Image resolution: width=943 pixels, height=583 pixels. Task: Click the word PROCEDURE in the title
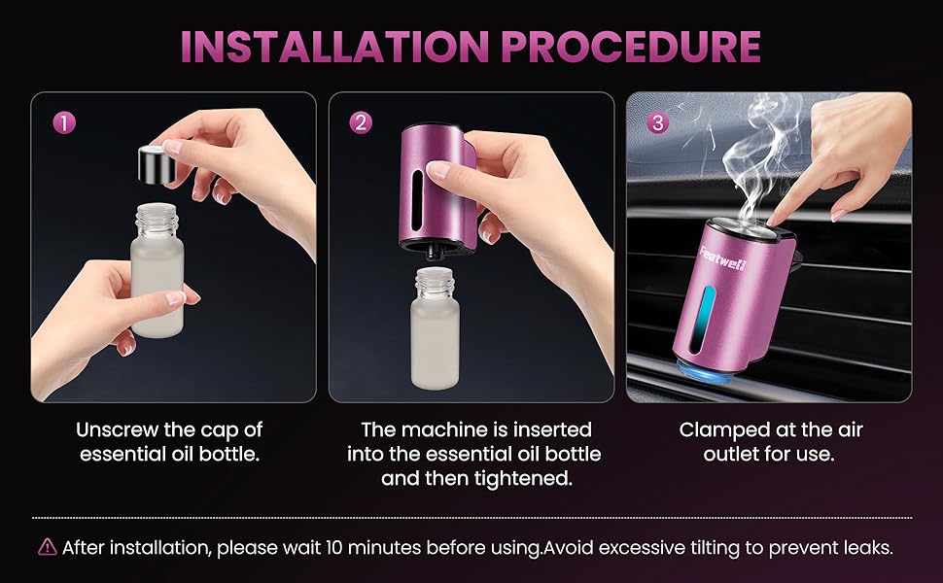pyautogui.click(x=631, y=46)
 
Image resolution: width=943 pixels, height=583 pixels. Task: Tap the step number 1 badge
pyautogui.click(x=64, y=123)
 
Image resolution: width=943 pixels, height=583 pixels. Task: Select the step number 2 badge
pyautogui.click(x=361, y=122)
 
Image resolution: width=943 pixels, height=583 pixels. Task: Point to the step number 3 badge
pyautogui.click(x=657, y=122)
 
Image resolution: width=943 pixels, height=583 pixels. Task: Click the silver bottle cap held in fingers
pyautogui.click(x=157, y=163)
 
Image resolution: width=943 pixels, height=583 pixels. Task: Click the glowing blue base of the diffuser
pyautogui.click(x=706, y=370)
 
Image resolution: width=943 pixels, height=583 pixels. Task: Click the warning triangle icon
pyautogui.click(x=48, y=547)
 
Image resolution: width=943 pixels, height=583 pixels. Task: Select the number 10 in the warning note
pyautogui.click(x=333, y=548)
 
